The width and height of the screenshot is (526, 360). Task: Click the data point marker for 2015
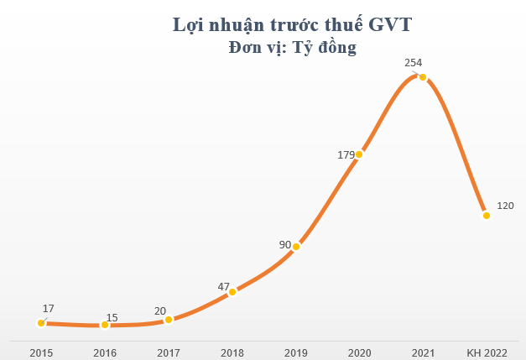coord(40,322)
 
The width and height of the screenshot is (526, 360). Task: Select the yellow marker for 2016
coord(104,325)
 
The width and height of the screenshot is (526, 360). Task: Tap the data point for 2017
coord(168,320)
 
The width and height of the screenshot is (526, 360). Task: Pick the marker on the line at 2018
coord(232,292)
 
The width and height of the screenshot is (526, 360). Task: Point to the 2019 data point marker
coord(295,247)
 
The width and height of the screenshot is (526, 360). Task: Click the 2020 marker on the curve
coord(359,154)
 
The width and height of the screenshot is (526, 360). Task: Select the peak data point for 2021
coord(423,77)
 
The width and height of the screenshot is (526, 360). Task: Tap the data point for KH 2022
coord(486,216)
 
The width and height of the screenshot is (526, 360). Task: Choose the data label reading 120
coord(505,206)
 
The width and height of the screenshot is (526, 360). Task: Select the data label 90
coord(285,245)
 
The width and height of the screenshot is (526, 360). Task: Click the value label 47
coord(223,287)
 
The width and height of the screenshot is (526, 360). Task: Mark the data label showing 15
coord(112,318)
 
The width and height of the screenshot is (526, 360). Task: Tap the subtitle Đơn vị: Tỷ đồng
coord(292,48)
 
